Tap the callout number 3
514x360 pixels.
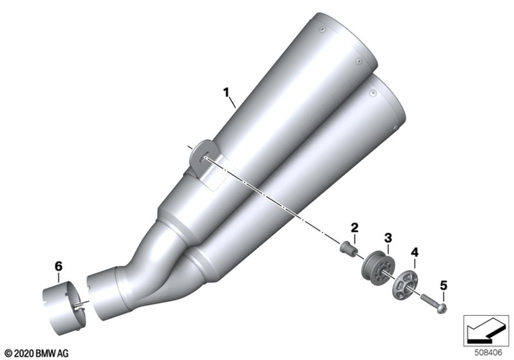pos(387,238)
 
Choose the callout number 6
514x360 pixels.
pos(57,265)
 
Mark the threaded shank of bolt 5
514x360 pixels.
pos(430,301)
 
